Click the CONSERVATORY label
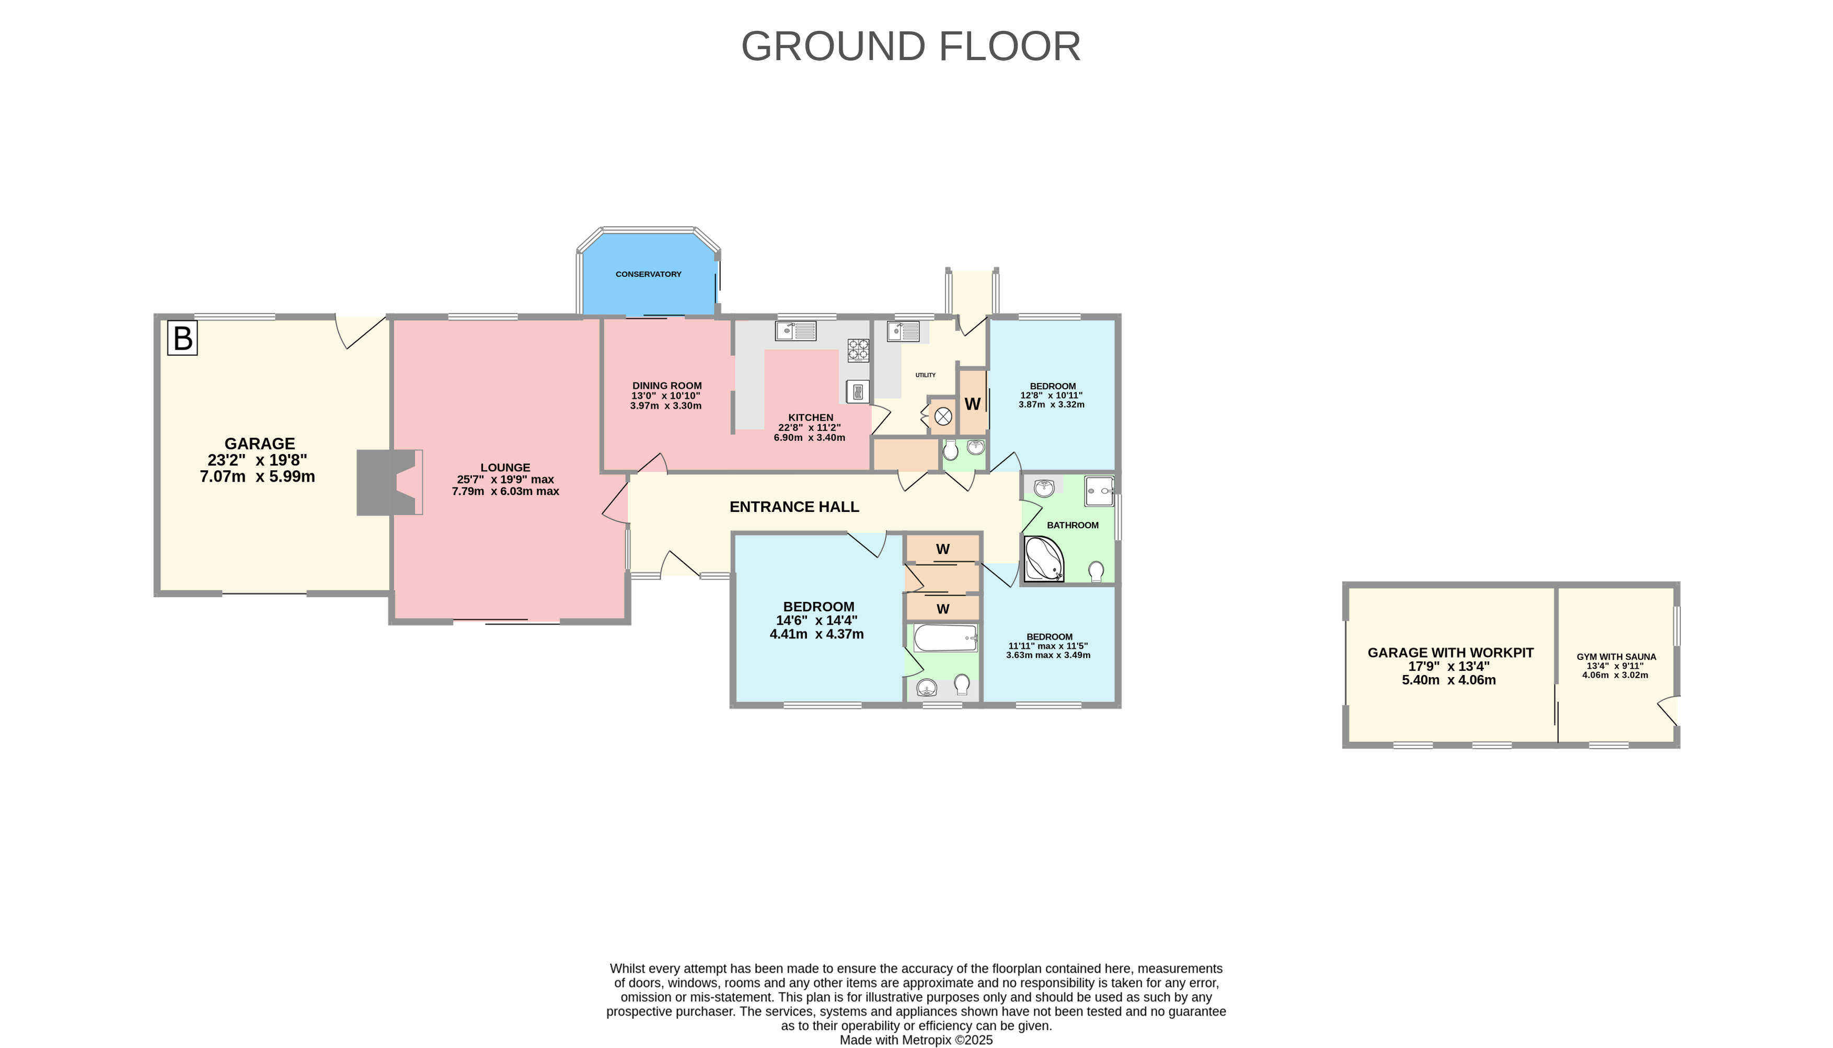648,274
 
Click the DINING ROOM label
667,386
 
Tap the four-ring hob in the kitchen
858,351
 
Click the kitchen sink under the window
795,331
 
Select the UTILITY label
925,375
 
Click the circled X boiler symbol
943,416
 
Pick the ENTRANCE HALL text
794,507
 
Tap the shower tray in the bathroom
1099,491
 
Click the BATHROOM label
1072,526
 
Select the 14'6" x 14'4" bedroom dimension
816,621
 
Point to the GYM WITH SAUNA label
1616,657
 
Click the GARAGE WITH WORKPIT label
1450,653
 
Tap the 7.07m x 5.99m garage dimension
257,476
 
